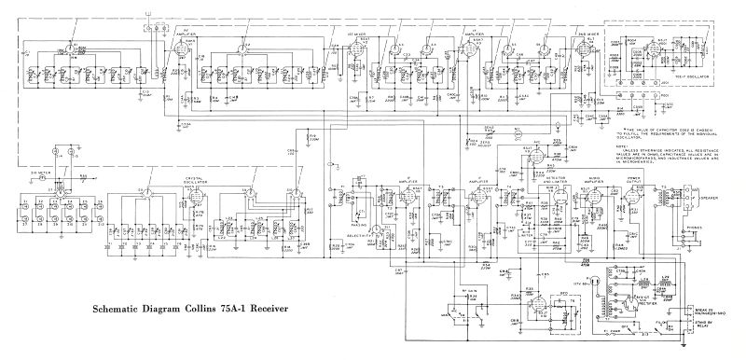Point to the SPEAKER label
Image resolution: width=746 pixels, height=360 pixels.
[x=711, y=198]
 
